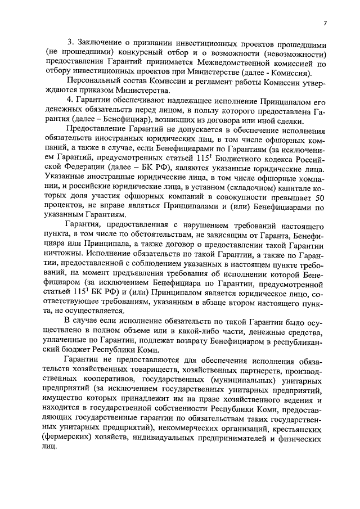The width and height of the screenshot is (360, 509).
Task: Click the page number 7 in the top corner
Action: (x=325, y=23)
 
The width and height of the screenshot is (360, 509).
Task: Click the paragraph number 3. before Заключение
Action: (x=71, y=44)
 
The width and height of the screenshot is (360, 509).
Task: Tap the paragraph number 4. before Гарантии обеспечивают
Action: (x=71, y=101)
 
